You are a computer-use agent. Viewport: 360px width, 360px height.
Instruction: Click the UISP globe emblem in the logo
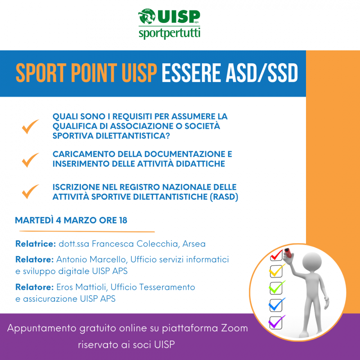tap(147, 16)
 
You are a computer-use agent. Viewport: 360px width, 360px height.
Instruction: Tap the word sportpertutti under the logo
tap(170, 33)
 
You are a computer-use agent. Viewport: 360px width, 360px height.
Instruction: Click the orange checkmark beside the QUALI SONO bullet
tap(30, 126)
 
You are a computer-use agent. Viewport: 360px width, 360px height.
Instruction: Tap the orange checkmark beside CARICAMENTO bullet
tap(30, 160)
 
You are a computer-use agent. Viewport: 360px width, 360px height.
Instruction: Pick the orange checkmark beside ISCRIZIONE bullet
tap(30, 192)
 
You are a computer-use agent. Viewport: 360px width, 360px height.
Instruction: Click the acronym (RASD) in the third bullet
tap(224, 197)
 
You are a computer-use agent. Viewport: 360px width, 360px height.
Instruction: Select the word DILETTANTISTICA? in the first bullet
tap(133, 136)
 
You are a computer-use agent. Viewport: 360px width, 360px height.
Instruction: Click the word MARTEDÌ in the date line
tap(34, 220)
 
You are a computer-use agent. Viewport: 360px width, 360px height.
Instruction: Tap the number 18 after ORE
tap(123, 220)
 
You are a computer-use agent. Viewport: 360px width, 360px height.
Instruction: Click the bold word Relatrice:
tap(36, 244)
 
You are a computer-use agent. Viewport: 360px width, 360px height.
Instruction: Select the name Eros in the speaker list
tap(64, 287)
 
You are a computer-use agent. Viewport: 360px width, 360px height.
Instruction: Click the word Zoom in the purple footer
tap(234, 328)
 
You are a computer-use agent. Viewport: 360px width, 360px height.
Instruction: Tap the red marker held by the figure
tap(288, 253)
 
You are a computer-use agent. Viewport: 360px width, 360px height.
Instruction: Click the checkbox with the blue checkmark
tap(276, 305)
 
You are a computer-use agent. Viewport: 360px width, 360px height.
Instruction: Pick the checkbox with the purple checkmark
tap(276, 322)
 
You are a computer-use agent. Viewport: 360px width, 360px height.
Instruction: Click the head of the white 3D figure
tap(311, 262)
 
